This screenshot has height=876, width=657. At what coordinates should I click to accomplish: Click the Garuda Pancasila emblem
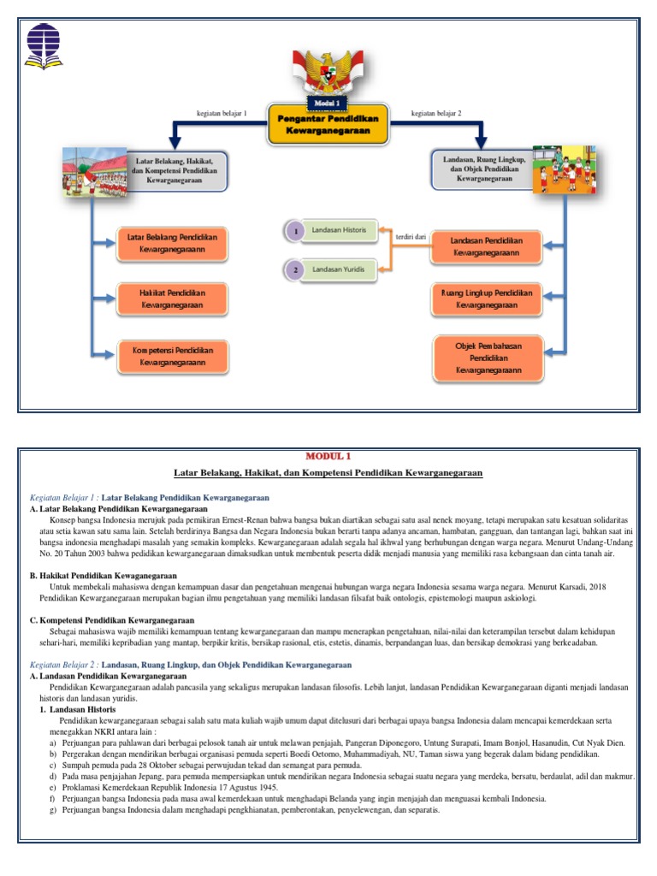tap(328, 72)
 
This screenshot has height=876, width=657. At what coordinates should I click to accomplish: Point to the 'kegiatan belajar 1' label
tap(221, 113)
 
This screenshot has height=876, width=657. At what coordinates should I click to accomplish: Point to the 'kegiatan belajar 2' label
tap(436, 113)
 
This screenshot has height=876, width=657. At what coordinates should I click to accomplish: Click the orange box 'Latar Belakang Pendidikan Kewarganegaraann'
tap(172, 243)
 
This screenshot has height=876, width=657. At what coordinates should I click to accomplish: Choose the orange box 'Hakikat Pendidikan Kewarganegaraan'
tap(172, 299)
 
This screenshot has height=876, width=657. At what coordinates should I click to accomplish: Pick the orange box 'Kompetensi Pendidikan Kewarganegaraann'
tap(172, 356)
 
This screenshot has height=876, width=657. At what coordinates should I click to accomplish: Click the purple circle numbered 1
tap(295, 231)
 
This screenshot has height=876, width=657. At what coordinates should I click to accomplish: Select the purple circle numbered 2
tap(295, 270)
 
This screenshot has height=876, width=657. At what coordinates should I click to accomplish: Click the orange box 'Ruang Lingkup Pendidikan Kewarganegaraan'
tap(487, 299)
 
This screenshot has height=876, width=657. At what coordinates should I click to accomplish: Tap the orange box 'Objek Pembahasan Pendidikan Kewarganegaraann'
tap(487, 358)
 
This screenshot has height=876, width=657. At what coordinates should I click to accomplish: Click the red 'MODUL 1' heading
tap(328, 456)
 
